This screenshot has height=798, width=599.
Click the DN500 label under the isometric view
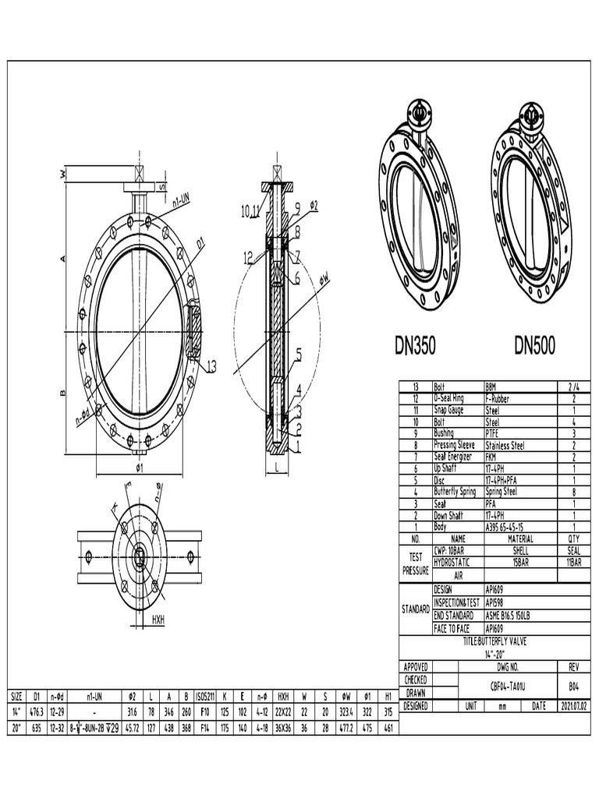point(534,346)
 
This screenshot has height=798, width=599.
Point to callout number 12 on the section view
point(247,256)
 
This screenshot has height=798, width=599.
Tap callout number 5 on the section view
point(298,355)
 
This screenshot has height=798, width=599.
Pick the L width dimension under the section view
point(277,468)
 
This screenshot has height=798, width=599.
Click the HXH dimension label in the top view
point(158,620)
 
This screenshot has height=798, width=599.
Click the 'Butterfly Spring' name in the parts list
point(455,492)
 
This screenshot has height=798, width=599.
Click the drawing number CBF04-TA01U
point(508,687)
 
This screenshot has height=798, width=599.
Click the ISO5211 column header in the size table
point(204,695)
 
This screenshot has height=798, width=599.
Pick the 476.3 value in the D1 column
point(36,711)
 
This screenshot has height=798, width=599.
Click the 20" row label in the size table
point(16,727)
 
